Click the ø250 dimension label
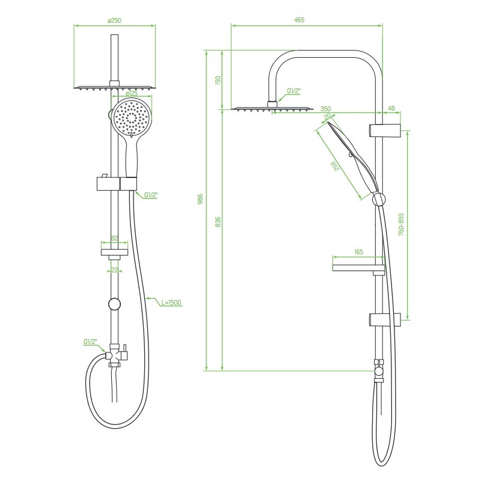pos(114,20)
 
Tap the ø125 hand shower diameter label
pos(131,93)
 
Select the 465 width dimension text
pos(299,20)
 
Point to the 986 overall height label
pos(200,199)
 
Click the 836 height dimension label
pos(218,222)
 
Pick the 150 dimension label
pos(218,81)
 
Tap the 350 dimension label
pos(326,109)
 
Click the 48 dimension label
pos(391,108)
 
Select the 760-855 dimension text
pos(401,224)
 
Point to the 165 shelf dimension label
pos(358,252)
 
